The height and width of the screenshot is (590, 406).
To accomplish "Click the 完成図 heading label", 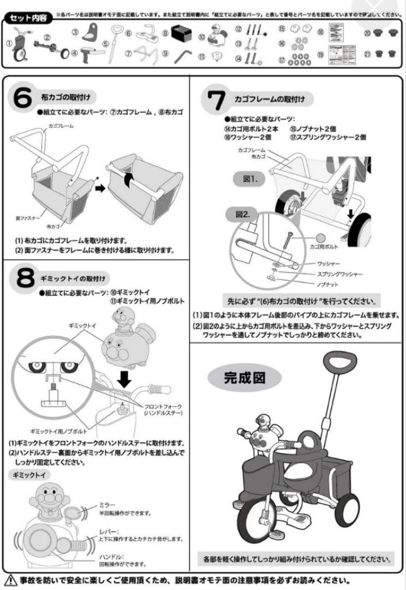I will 244,376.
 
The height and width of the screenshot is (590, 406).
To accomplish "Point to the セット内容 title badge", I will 28,18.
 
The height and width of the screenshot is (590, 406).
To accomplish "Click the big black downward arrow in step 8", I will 125,379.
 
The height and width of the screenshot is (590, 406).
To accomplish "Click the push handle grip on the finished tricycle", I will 339,360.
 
